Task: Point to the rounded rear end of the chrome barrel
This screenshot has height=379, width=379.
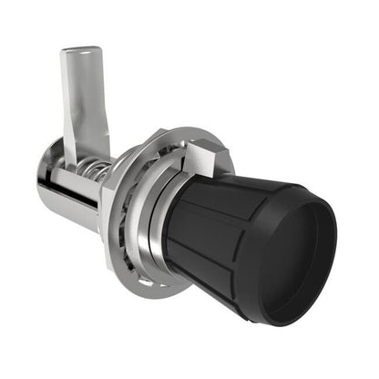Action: tap(44, 187)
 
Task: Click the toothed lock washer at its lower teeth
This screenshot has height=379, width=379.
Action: tap(137, 264)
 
